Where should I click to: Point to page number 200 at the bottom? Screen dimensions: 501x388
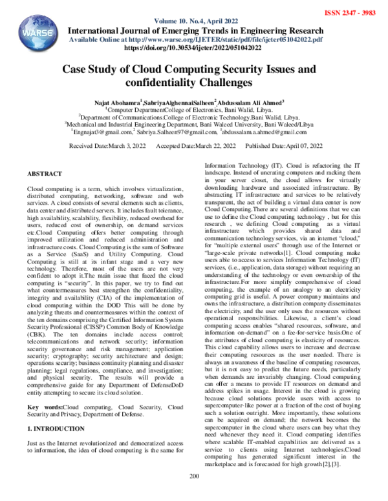pyautogui.click(x=193, y=495)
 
